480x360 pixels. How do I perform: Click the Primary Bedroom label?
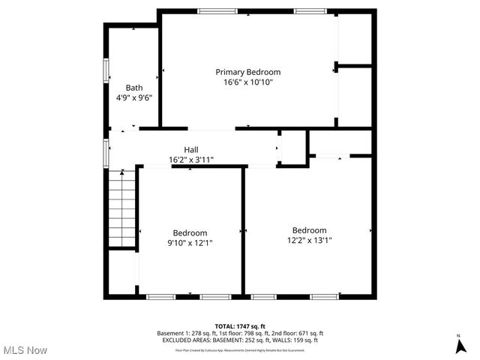(x=247, y=72)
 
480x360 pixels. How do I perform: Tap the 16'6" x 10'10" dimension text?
(x=247, y=82)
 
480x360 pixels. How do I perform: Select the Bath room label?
(x=134, y=87)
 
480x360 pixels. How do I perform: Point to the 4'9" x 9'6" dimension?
(x=134, y=97)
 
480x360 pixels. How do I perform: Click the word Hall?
(x=191, y=149)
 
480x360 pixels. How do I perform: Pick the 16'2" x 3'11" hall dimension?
(x=191, y=160)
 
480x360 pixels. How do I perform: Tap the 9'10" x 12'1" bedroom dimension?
(x=190, y=243)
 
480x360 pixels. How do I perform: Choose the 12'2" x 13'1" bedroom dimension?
(x=309, y=241)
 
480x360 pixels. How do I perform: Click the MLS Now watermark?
(x=25, y=350)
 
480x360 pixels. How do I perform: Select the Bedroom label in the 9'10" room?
(x=190, y=232)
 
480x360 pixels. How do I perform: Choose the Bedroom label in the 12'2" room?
(x=309, y=230)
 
